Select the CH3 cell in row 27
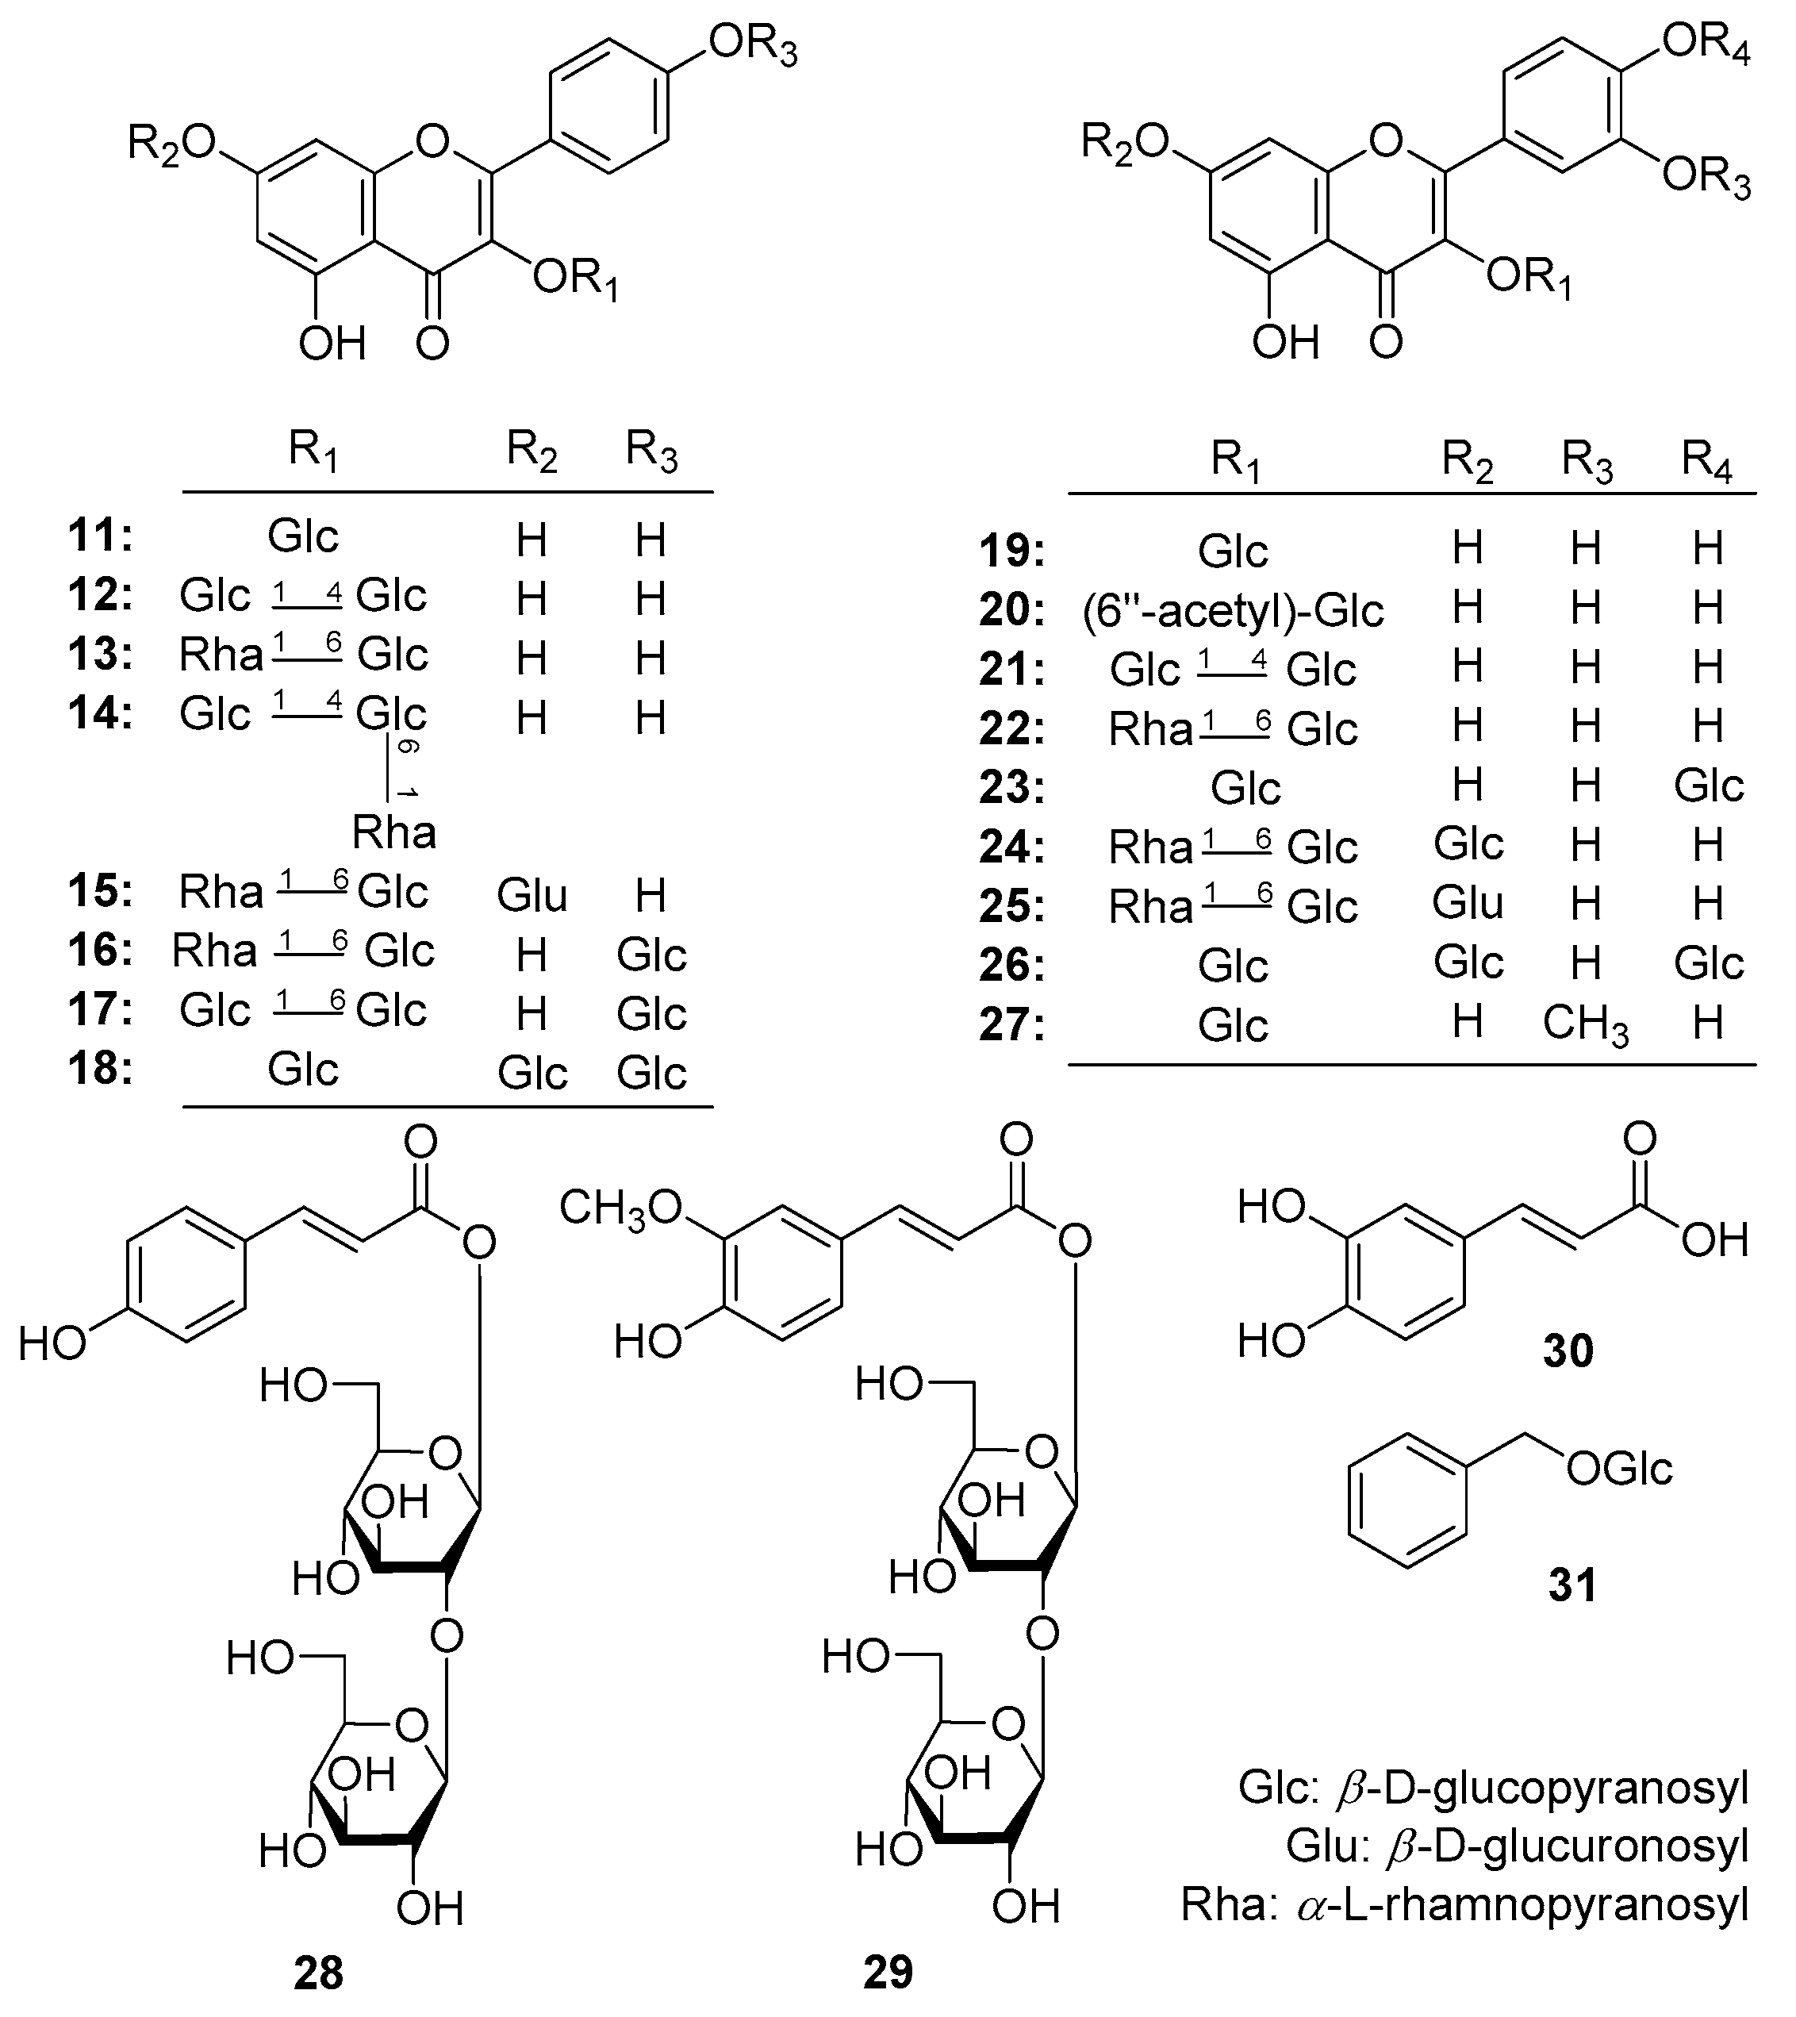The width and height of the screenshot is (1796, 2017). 1585,1024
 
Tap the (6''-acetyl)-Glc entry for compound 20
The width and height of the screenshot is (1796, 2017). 1233,610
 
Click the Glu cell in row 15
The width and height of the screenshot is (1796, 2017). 532,895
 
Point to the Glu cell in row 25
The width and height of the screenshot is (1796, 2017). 1468,904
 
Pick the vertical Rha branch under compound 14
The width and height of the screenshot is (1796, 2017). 395,832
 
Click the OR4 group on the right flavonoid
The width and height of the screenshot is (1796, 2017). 1706,44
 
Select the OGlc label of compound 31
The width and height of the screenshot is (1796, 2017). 1619,1470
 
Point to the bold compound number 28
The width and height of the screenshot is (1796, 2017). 318,1973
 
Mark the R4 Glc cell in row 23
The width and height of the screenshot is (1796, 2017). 1708,786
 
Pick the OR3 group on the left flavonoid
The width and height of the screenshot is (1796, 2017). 753,46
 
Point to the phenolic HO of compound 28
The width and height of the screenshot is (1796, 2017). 52,1344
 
